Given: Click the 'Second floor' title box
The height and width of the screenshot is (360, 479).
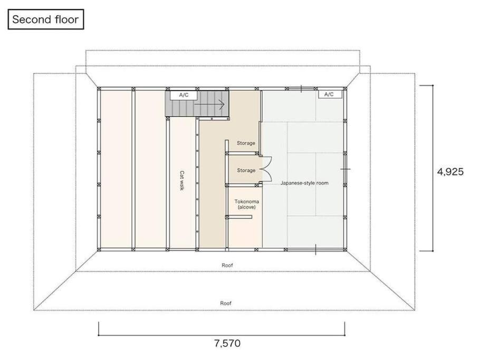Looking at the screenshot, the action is point(46,19).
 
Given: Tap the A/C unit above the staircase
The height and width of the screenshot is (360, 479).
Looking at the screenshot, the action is point(184,95).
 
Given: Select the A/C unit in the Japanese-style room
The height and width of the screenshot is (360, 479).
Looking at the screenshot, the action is point(329,94).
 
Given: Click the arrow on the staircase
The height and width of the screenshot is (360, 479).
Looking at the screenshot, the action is point(209,104).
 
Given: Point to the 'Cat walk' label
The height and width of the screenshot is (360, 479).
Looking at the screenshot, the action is point(182,180).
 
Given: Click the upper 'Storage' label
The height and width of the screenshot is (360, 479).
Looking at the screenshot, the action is point(246,143).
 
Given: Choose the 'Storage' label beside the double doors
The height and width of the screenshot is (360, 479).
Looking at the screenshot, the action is point(246,170).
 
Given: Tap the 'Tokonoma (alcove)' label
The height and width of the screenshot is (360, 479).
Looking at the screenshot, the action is point(246,205).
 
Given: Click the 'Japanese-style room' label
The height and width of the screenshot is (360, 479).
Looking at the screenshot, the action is point(304,183).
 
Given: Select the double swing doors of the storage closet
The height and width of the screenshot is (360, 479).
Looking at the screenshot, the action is point(266,170).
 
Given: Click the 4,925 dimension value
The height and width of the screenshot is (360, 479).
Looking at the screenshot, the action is point(451,172).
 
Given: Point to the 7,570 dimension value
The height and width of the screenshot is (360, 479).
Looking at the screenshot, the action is point(227,344).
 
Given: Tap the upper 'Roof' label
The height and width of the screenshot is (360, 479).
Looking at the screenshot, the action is point(227,265).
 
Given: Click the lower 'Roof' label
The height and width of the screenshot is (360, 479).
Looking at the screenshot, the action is point(226,303).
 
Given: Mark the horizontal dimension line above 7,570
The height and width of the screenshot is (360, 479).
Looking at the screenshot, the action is point(222,335).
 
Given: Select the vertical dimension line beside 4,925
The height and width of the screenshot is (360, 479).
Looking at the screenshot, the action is point(433,168).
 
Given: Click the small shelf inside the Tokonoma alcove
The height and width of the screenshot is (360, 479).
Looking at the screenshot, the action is point(239,217).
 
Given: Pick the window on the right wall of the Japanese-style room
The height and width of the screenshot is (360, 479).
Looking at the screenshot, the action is point(345,169).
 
